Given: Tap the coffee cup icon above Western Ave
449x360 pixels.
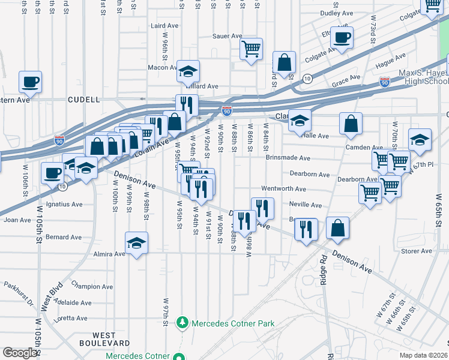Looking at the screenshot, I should tap(29, 82).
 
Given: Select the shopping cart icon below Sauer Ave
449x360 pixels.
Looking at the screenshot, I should tap(252, 49).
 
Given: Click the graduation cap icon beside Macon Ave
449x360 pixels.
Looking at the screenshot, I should tap(188, 71).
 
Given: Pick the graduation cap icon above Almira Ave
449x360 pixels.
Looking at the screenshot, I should tap(136, 243).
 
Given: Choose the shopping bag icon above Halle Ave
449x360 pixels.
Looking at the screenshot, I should tap(351, 124).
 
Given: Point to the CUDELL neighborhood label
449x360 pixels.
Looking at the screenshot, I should tap(83, 100).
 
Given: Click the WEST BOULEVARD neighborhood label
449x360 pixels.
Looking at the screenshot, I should tap(104, 338).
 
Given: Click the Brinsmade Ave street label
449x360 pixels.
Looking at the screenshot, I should tap(288, 158).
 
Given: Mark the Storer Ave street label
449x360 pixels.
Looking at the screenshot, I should tap(417, 251).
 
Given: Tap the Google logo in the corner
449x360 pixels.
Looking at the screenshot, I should tap(20, 353).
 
